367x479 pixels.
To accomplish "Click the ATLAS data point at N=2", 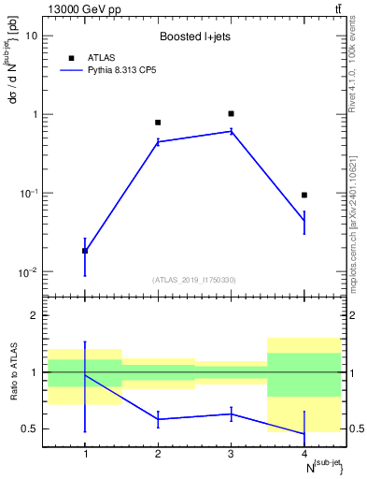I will (158, 123).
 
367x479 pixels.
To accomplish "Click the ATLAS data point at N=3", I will (231, 113).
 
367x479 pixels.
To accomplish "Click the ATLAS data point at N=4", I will (304, 195).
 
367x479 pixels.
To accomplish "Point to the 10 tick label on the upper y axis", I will (30, 36).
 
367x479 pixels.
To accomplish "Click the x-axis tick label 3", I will (231, 455).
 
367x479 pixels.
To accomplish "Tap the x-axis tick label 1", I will (85, 455).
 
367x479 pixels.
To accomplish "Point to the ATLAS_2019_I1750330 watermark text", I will (194, 280).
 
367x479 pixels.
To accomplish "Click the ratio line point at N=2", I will (158, 419).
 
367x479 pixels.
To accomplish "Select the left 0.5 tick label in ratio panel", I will (31, 428).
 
